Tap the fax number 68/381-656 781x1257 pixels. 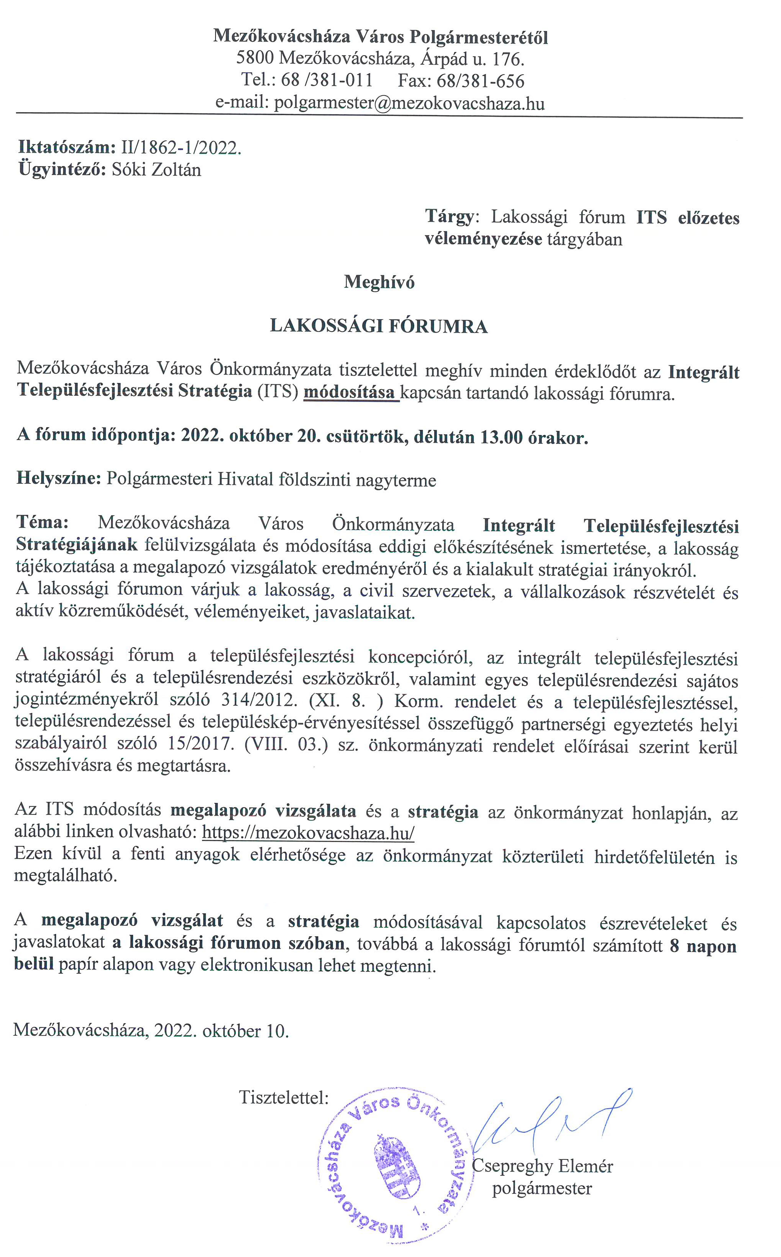[480, 81]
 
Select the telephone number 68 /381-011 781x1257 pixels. [327, 80]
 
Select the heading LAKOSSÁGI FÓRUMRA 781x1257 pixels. [379, 326]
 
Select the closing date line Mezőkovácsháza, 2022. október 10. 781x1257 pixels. [151, 1031]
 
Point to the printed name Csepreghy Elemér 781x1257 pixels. [542, 1167]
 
